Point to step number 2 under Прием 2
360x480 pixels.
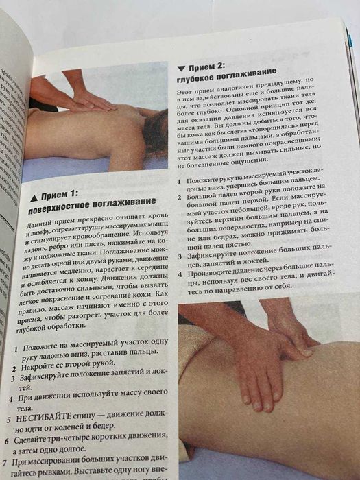pos(181,197)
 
